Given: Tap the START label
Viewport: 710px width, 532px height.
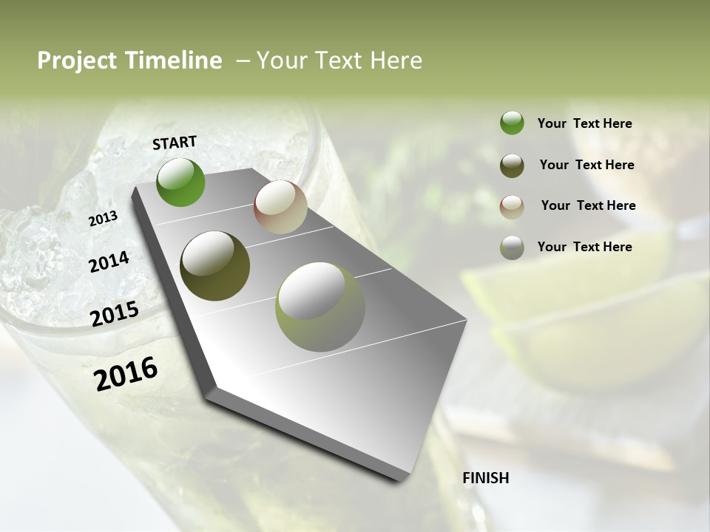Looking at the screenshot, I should [x=175, y=143].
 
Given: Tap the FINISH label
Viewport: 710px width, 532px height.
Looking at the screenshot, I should [x=486, y=478].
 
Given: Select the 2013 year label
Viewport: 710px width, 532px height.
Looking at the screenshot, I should [x=103, y=219].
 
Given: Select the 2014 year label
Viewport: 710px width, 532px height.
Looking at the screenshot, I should [x=109, y=262].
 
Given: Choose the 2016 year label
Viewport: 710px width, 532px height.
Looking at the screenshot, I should [x=126, y=373].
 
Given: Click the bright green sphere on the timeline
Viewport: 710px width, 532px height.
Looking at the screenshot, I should [x=180, y=182].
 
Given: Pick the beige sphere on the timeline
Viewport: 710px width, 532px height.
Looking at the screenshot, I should [x=280, y=207].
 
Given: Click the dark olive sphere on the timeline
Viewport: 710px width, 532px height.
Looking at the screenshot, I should [x=215, y=266].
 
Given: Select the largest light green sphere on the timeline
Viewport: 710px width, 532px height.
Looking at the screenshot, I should [x=320, y=307].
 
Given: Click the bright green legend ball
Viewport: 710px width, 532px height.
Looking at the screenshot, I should [x=512, y=123].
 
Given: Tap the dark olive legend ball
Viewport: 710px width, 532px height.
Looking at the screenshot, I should [x=512, y=165].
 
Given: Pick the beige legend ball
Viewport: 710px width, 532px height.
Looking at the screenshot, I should [x=512, y=206].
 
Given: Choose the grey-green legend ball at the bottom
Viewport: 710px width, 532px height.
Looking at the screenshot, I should [x=512, y=247].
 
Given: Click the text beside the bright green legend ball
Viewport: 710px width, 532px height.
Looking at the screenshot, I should [x=584, y=123].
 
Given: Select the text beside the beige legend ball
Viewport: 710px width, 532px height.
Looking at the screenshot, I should [x=588, y=205].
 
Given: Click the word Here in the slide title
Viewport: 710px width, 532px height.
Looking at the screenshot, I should [x=396, y=61].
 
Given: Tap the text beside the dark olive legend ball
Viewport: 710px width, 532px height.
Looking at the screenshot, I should [x=586, y=165].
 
